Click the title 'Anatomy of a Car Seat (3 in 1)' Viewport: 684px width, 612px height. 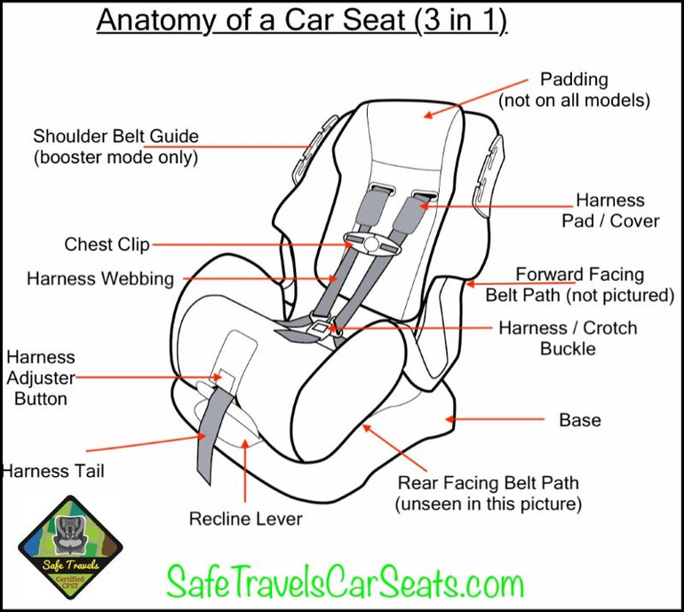(x=301, y=20)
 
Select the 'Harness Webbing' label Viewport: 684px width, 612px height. (x=100, y=279)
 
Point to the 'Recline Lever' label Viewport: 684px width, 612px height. (x=245, y=519)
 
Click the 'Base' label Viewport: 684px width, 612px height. (x=579, y=419)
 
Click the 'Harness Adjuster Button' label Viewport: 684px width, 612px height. (x=41, y=378)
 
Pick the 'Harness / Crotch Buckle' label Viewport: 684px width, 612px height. (x=568, y=338)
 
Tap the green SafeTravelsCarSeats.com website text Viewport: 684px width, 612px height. (x=345, y=583)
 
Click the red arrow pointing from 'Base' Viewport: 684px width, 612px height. (x=494, y=418)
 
